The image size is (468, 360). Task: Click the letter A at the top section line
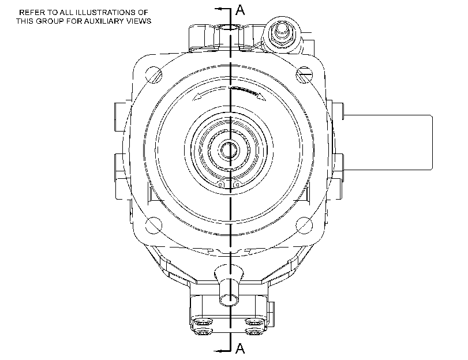pyautogui.click(x=240, y=10)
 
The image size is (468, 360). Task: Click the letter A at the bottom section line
pyautogui.click(x=240, y=348)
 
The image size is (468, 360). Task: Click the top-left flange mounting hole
pyautogui.click(x=153, y=75)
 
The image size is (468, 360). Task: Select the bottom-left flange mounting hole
pyautogui.click(x=153, y=226)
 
